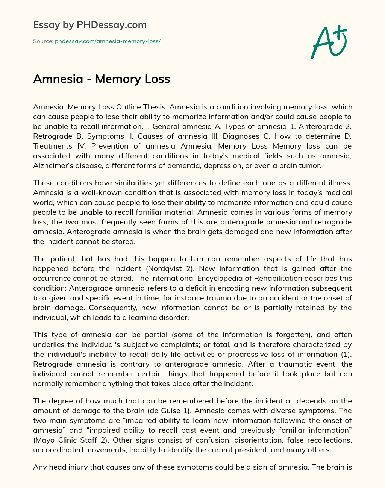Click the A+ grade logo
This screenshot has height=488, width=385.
point(329,42)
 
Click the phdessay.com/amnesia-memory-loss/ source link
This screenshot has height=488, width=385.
point(108,41)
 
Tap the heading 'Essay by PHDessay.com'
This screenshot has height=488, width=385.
point(90,25)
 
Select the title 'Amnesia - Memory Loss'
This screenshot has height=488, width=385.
point(102,79)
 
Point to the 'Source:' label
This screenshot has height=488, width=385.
point(43,41)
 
